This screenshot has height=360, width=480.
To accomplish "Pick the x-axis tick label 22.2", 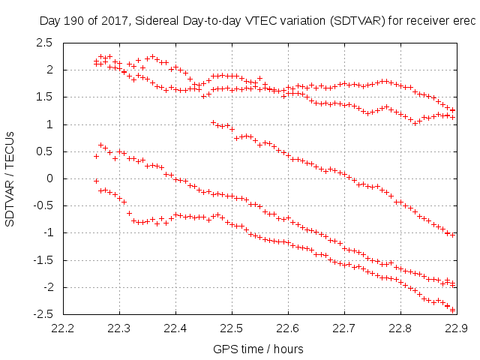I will point(63,328).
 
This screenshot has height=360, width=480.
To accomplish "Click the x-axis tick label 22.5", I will point(232,328).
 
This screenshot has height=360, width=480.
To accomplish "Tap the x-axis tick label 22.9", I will point(457,328).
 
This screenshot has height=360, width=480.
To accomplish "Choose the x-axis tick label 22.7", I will point(344,328).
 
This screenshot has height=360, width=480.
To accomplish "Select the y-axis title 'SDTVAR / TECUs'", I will point(10,178).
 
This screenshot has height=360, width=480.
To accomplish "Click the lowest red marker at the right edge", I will point(452,310).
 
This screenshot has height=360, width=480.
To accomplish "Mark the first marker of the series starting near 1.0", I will point(213,122).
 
